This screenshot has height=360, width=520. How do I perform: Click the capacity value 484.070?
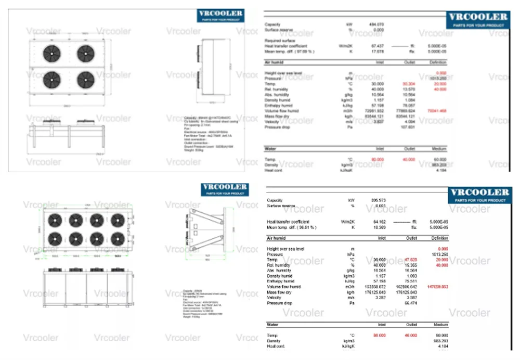pos(376,24)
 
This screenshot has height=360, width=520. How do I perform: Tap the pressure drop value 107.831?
pos(408,127)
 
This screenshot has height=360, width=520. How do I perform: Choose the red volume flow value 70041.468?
pos(437,111)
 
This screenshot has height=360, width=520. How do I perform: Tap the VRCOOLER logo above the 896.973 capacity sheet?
pos(479,195)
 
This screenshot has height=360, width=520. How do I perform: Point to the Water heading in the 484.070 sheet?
pos(270,149)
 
